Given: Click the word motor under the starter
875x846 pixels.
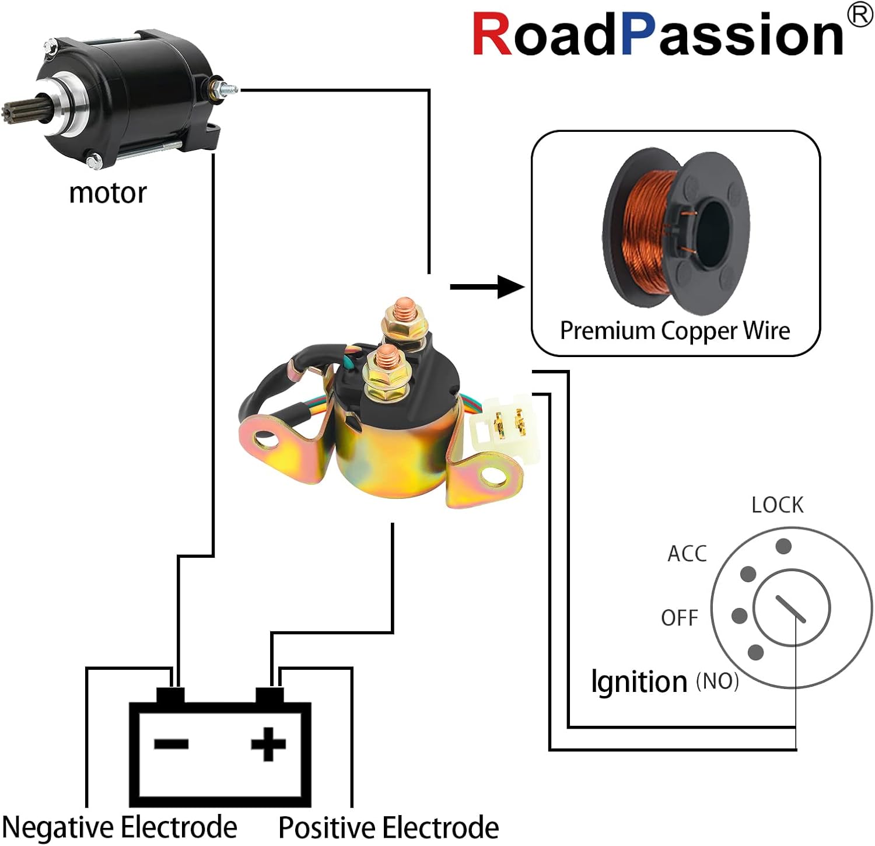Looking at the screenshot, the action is click(x=108, y=193).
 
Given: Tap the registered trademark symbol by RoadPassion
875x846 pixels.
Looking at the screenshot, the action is click(x=859, y=16).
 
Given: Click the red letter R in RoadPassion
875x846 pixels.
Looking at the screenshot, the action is click(x=492, y=34).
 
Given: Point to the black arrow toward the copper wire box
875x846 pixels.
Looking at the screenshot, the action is click(x=488, y=286).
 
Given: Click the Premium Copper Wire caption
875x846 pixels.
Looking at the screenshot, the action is click(x=675, y=331).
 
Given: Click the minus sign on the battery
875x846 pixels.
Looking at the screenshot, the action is click(x=171, y=743).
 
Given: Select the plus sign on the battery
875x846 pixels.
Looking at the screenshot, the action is click(x=268, y=744).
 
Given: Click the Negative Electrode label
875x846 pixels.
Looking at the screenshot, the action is click(x=120, y=827).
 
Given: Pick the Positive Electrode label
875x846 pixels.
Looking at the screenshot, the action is click(x=388, y=827).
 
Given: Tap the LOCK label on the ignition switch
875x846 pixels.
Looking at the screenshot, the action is click(x=777, y=505).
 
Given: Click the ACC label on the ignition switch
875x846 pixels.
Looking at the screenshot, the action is click(x=687, y=553).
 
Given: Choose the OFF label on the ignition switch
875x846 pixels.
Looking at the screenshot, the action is click(x=680, y=617).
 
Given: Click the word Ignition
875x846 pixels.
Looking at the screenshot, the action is click(x=639, y=681).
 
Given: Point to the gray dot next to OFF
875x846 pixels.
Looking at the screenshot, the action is click(x=739, y=615).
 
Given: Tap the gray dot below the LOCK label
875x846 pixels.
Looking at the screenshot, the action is click(x=783, y=547).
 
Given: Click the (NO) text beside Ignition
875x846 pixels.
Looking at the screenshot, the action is click(x=717, y=681).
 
